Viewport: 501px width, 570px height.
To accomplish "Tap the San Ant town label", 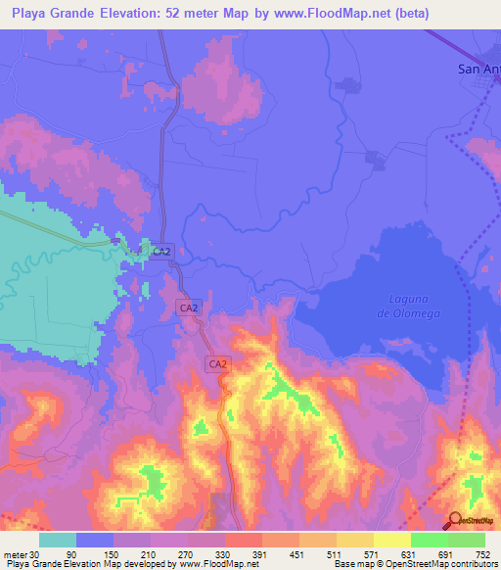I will click(x=478, y=69).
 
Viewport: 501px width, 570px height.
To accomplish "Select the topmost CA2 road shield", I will click(x=161, y=252).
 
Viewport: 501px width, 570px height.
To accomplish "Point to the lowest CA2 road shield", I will click(x=218, y=363).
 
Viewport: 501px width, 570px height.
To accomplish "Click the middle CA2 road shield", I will click(x=190, y=308).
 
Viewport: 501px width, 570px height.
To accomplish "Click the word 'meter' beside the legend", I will click(x=14, y=555).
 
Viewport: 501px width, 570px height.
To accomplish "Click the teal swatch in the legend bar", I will click(x=58, y=540).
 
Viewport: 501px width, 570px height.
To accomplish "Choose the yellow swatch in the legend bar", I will click(x=391, y=540).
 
